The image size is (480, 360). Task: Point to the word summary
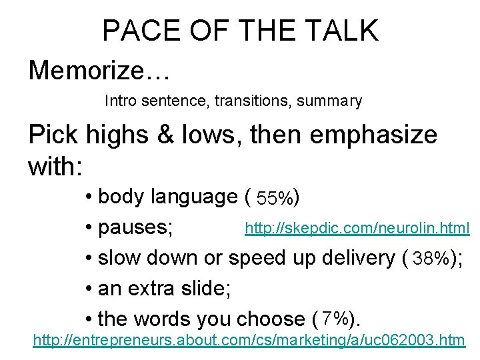click(x=329, y=101)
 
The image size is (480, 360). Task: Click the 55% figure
click(x=274, y=198)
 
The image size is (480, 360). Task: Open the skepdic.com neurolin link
click(x=357, y=229)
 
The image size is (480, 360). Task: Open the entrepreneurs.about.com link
click(x=249, y=341)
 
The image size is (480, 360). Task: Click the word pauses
click(x=135, y=228)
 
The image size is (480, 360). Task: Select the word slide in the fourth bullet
click(x=204, y=289)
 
